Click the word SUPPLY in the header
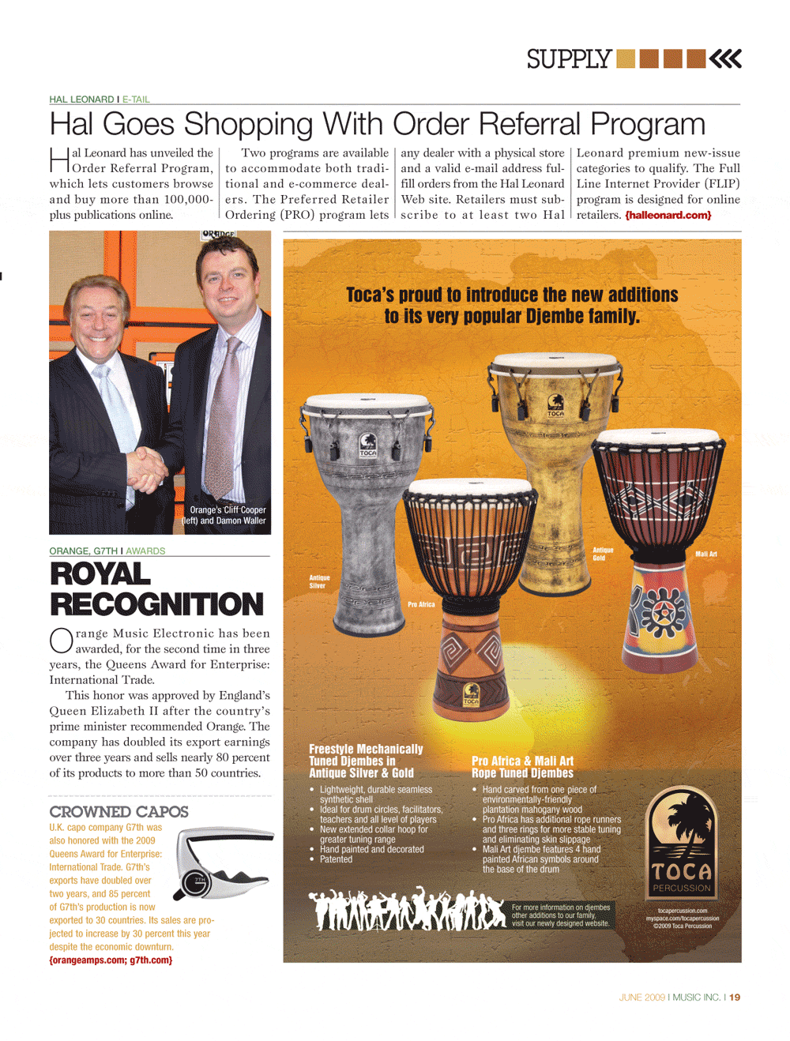point(569,59)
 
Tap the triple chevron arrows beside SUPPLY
point(725,59)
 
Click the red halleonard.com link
point(668,215)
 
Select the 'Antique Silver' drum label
point(318,582)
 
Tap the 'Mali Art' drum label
point(705,554)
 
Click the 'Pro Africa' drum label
point(421,604)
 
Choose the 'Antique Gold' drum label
point(603,554)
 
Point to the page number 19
point(735,998)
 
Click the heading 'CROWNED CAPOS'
point(118,812)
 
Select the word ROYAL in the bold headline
point(100,574)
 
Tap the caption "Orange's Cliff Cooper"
point(228,510)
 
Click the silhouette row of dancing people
point(407,908)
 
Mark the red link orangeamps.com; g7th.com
point(111,960)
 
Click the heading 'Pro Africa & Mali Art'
point(522,761)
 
